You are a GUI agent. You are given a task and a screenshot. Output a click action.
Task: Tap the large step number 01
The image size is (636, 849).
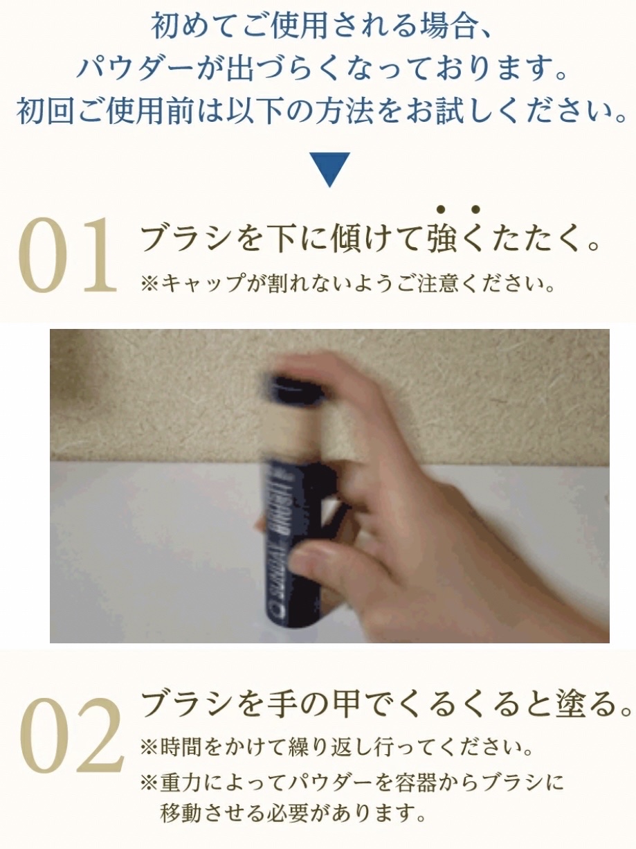pyautogui.click(x=67, y=255)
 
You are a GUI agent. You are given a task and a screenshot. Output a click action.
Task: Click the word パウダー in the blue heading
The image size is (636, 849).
pyautogui.click(x=134, y=70)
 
